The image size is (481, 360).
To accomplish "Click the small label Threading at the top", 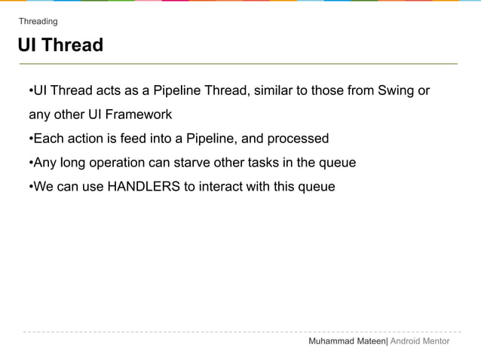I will pyautogui.click(x=38, y=21).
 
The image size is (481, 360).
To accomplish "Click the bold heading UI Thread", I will pyautogui.click(x=60, y=45).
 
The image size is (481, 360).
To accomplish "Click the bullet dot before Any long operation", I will pyautogui.click(x=30, y=163).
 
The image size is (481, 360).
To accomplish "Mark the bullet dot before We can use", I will pyautogui.click(x=30, y=187).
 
